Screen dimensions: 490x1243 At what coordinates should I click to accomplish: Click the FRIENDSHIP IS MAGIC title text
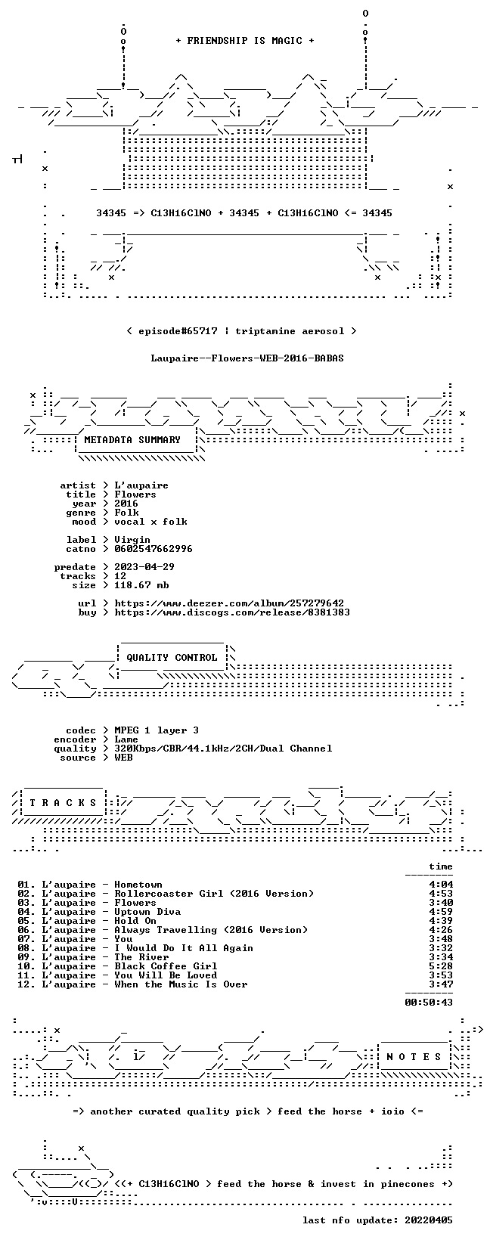[245, 41]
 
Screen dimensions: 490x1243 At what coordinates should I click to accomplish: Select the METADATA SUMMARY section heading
[132, 440]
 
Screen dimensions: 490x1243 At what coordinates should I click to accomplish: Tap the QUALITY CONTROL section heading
[172, 658]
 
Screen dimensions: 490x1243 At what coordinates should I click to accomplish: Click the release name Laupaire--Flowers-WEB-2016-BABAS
[247, 358]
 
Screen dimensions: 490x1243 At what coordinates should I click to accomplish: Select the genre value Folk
[126, 513]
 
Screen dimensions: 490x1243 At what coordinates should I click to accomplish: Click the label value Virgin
[132, 540]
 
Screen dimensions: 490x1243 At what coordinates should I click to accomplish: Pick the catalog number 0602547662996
[154, 549]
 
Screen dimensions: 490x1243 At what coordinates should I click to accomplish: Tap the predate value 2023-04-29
[144, 567]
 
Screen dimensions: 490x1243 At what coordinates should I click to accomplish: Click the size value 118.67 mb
[141, 585]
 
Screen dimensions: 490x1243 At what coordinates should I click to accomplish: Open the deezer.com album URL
[229, 603]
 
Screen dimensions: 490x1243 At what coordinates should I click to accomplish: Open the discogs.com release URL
[232, 612]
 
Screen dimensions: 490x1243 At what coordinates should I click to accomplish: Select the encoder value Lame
[126, 739]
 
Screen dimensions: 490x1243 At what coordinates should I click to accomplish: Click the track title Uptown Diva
[147, 912]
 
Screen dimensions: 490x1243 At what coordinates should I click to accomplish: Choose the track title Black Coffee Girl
[166, 966]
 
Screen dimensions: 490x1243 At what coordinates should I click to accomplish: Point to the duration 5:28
[441, 966]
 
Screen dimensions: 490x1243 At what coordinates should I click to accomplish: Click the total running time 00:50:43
[429, 1003]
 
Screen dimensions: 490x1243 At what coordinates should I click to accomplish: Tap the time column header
[441, 866]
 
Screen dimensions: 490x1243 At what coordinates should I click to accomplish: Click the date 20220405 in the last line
[429, 1220]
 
